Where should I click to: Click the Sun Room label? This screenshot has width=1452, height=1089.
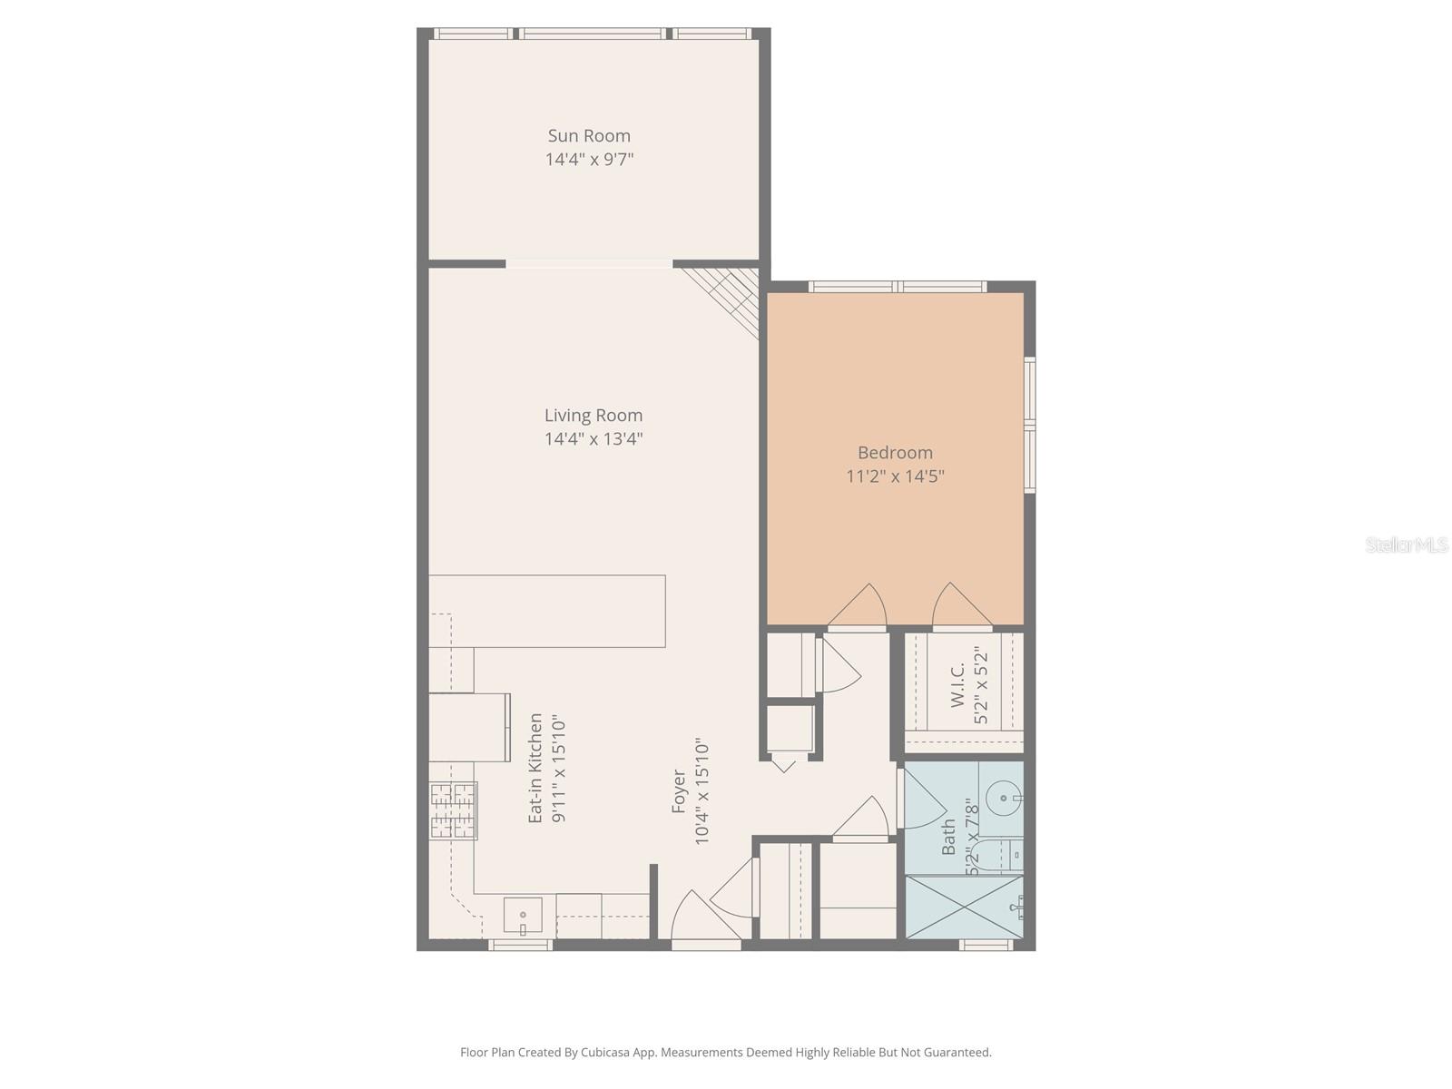click(589, 136)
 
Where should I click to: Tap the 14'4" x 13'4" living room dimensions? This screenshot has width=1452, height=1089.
click(594, 439)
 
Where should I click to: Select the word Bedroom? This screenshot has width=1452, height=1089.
click(895, 453)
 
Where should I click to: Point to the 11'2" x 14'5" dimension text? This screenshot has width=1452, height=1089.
click(895, 476)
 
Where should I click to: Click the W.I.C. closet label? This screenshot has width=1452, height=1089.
click(957, 685)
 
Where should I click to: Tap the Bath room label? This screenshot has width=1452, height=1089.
click(949, 837)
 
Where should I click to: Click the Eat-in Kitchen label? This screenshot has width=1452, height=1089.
click(536, 768)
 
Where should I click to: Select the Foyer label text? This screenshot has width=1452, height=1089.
click(679, 791)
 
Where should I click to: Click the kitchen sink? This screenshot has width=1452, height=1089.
click(523, 916)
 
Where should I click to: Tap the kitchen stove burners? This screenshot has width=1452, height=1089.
click(453, 810)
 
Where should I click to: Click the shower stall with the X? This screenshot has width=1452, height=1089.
click(964, 907)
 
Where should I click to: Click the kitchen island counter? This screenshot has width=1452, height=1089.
click(547, 611)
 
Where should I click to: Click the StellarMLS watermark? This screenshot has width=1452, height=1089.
click(1407, 545)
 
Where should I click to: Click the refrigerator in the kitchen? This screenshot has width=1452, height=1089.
click(468, 727)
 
